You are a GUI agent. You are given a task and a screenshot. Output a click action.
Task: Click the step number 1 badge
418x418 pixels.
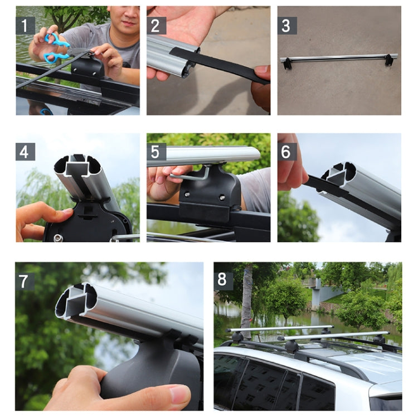(x=25, y=25)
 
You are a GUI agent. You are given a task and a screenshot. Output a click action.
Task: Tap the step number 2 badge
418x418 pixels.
(x=156, y=25)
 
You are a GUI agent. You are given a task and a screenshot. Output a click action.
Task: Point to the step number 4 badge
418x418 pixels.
(x=25, y=152)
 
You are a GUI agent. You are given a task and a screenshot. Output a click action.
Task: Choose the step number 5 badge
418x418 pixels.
(x=156, y=152)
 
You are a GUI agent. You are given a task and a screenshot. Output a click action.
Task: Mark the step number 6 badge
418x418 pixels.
(x=287, y=152)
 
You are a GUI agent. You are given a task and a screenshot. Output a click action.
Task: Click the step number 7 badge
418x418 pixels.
(x=25, y=281)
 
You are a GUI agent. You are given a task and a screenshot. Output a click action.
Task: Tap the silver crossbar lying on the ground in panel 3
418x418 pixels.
(x=340, y=57)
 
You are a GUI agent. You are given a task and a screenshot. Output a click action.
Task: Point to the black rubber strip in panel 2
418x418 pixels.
(x=223, y=66)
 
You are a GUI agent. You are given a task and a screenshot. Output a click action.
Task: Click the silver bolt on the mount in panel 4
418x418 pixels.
(x=57, y=239)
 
